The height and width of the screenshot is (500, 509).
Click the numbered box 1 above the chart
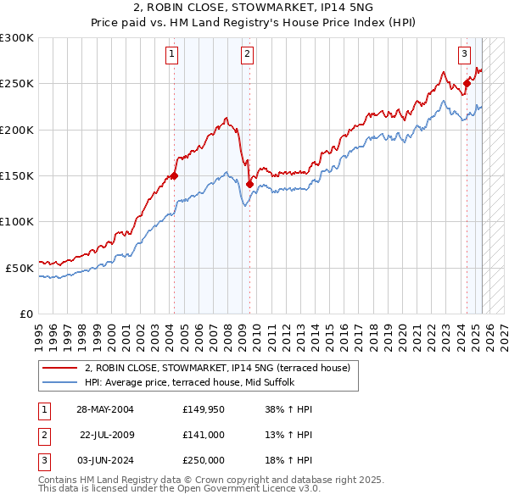(x=172, y=54)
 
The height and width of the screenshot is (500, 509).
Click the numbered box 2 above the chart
(x=247, y=54)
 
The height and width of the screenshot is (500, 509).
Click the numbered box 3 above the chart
(x=465, y=54)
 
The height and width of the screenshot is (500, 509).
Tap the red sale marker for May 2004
(x=174, y=176)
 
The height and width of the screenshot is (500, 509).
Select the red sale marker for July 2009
(x=249, y=184)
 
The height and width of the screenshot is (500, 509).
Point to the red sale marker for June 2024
(x=467, y=84)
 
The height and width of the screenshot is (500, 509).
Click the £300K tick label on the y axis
(x=17, y=38)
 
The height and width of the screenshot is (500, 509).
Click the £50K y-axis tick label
(x=20, y=268)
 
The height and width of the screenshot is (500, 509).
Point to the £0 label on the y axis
(x=26, y=314)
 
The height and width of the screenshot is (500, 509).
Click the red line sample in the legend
(x=59, y=369)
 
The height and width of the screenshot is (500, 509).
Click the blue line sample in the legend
(x=59, y=382)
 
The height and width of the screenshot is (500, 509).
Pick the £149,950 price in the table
(x=203, y=410)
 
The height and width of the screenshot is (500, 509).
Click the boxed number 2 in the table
(x=43, y=435)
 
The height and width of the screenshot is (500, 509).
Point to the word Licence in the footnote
(x=267, y=489)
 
